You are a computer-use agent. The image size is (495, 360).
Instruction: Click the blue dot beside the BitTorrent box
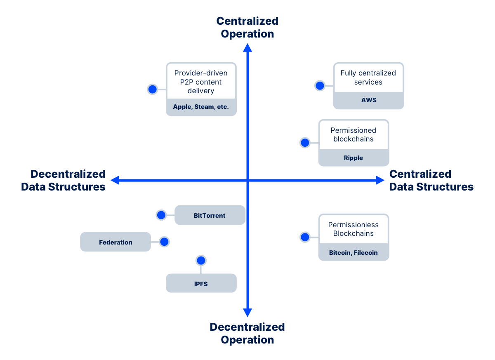pyautogui.click(x=161, y=215)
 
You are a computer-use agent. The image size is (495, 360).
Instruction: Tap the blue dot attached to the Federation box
pyautogui.click(x=164, y=242)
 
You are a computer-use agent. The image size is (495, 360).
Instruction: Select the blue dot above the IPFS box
pyautogui.click(x=201, y=261)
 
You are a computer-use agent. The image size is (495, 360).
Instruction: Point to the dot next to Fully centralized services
pyautogui.click(x=320, y=86)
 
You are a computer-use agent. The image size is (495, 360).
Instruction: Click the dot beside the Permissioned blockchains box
pyautogui.click(x=305, y=143)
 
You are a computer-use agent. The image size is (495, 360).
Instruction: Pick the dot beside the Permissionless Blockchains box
pyautogui.click(x=305, y=237)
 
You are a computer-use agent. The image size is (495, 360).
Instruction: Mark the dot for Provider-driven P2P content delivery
pyautogui.click(x=153, y=89)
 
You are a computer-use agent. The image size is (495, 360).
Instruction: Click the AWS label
pyautogui.click(x=368, y=100)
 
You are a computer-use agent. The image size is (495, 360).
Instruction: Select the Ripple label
pyautogui.click(x=354, y=158)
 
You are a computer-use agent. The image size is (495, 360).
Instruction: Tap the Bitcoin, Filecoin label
pyautogui.click(x=354, y=252)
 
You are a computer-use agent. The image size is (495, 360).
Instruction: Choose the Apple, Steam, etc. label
pyautogui.click(x=201, y=107)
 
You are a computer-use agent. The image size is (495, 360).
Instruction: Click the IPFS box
pyautogui.click(x=201, y=283)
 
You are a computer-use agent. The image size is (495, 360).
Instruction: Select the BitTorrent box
pyautogui.click(x=210, y=215)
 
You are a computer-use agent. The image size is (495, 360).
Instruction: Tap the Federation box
pyautogui.click(x=115, y=242)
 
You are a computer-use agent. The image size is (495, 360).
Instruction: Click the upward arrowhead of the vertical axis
pyautogui.click(x=247, y=48)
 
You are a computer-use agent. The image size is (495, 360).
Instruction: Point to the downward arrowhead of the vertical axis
pyautogui.click(x=247, y=313)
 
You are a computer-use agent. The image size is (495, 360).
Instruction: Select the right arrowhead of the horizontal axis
pyautogui.click(x=380, y=180)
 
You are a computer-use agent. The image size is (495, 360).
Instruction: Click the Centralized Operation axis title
pyautogui.click(x=247, y=27)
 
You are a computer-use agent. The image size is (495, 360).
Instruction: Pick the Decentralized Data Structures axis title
pyautogui.click(x=64, y=180)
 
